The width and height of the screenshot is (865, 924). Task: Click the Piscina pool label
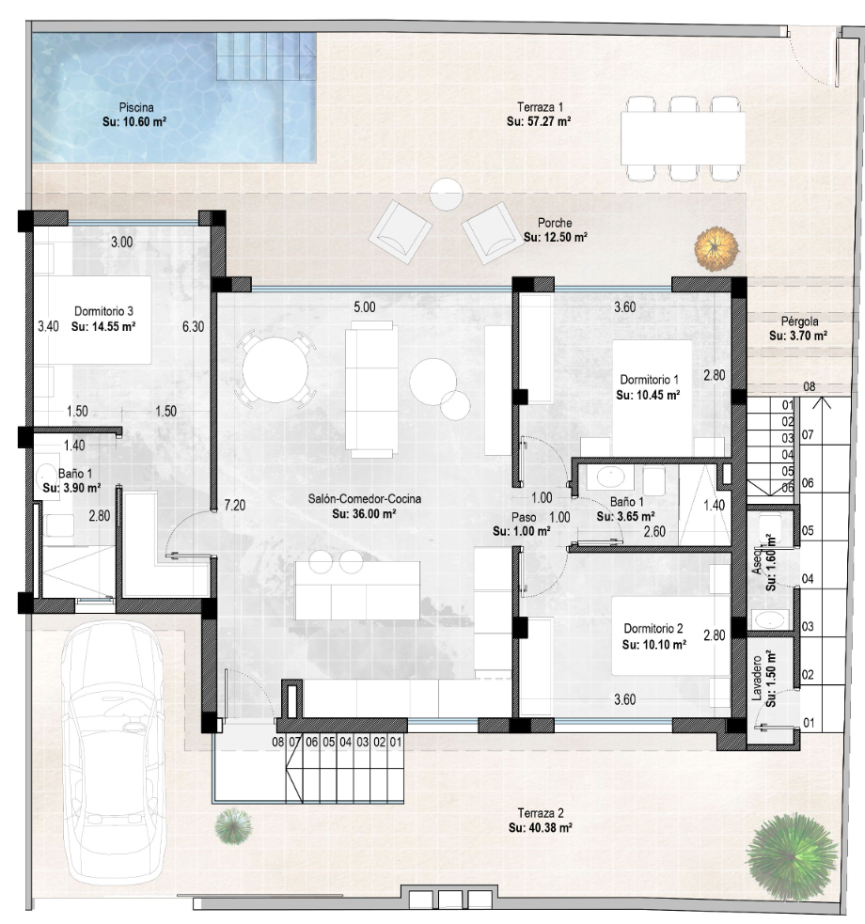tap(136, 107)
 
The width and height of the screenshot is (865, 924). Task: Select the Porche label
tap(555, 223)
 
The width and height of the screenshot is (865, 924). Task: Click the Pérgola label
tap(799, 321)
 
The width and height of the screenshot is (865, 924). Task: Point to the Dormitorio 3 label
tap(103, 311)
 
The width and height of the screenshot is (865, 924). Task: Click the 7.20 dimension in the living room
tap(234, 505)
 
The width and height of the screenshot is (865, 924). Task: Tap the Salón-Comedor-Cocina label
tap(365, 498)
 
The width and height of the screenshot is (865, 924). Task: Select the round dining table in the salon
tap(275, 369)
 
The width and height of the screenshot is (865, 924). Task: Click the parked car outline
tap(112, 751)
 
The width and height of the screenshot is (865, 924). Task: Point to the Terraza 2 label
tap(541, 813)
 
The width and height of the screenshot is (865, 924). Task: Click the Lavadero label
tap(757, 678)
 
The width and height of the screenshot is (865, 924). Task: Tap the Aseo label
tap(758, 562)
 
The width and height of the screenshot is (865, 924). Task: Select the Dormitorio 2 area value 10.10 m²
tap(653, 645)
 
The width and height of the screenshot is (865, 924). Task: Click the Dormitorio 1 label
tap(650, 380)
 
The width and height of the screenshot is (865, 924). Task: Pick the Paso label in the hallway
tap(524, 517)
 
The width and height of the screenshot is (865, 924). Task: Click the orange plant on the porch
tap(716, 249)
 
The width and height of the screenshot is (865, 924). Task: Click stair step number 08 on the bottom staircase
tap(277, 742)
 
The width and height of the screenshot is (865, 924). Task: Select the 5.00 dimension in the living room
tap(364, 307)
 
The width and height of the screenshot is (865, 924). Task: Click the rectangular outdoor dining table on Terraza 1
tap(683, 138)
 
